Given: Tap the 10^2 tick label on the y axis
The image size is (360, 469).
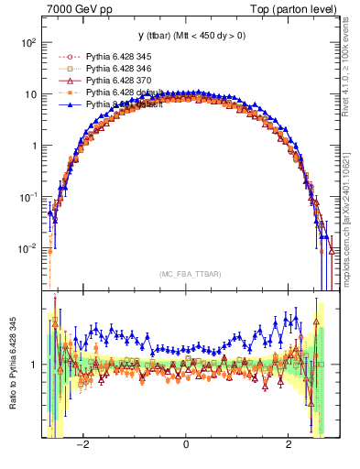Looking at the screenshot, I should click(28, 43).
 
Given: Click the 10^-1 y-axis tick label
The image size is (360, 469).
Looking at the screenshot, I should click(28, 197).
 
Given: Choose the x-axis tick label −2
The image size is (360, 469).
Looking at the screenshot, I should click(82, 446).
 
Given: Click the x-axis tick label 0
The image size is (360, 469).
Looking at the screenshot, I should click(186, 446).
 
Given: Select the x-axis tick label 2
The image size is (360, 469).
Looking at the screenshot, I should click(289, 446).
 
